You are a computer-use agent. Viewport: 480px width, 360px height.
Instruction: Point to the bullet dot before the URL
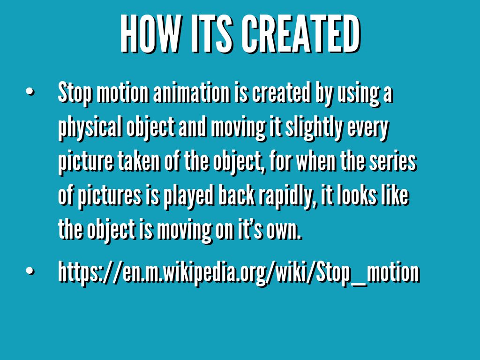(x=30, y=272)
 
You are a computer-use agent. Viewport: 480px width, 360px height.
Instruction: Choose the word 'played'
(x=186, y=197)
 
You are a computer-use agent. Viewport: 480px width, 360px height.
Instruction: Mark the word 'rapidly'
(x=282, y=197)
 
